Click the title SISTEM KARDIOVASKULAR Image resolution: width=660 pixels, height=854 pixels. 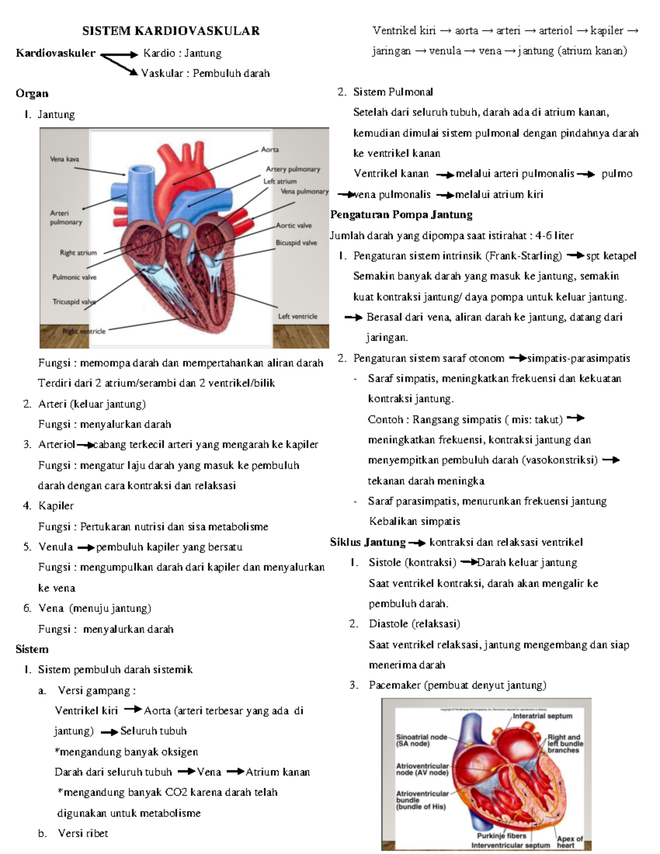click(x=170, y=31)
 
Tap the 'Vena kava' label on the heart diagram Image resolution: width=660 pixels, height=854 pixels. click(x=64, y=159)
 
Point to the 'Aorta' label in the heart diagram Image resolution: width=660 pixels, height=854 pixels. click(x=269, y=150)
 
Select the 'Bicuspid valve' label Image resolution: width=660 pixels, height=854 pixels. click(x=296, y=243)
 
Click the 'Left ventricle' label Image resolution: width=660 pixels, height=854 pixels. click(x=298, y=316)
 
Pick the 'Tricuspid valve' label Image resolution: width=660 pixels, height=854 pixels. click(x=74, y=302)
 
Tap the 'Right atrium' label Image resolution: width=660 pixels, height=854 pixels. click(x=78, y=253)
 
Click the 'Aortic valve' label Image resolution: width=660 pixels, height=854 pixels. click(x=294, y=225)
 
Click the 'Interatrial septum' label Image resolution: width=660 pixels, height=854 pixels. click(x=542, y=716)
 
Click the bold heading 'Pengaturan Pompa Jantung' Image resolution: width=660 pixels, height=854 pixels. click(x=401, y=214)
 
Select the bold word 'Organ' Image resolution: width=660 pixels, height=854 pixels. click(x=32, y=93)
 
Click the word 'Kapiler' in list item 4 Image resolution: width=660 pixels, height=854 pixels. click(x=56, y=506)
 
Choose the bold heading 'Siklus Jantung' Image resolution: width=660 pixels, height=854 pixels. click(x=368, y=542)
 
